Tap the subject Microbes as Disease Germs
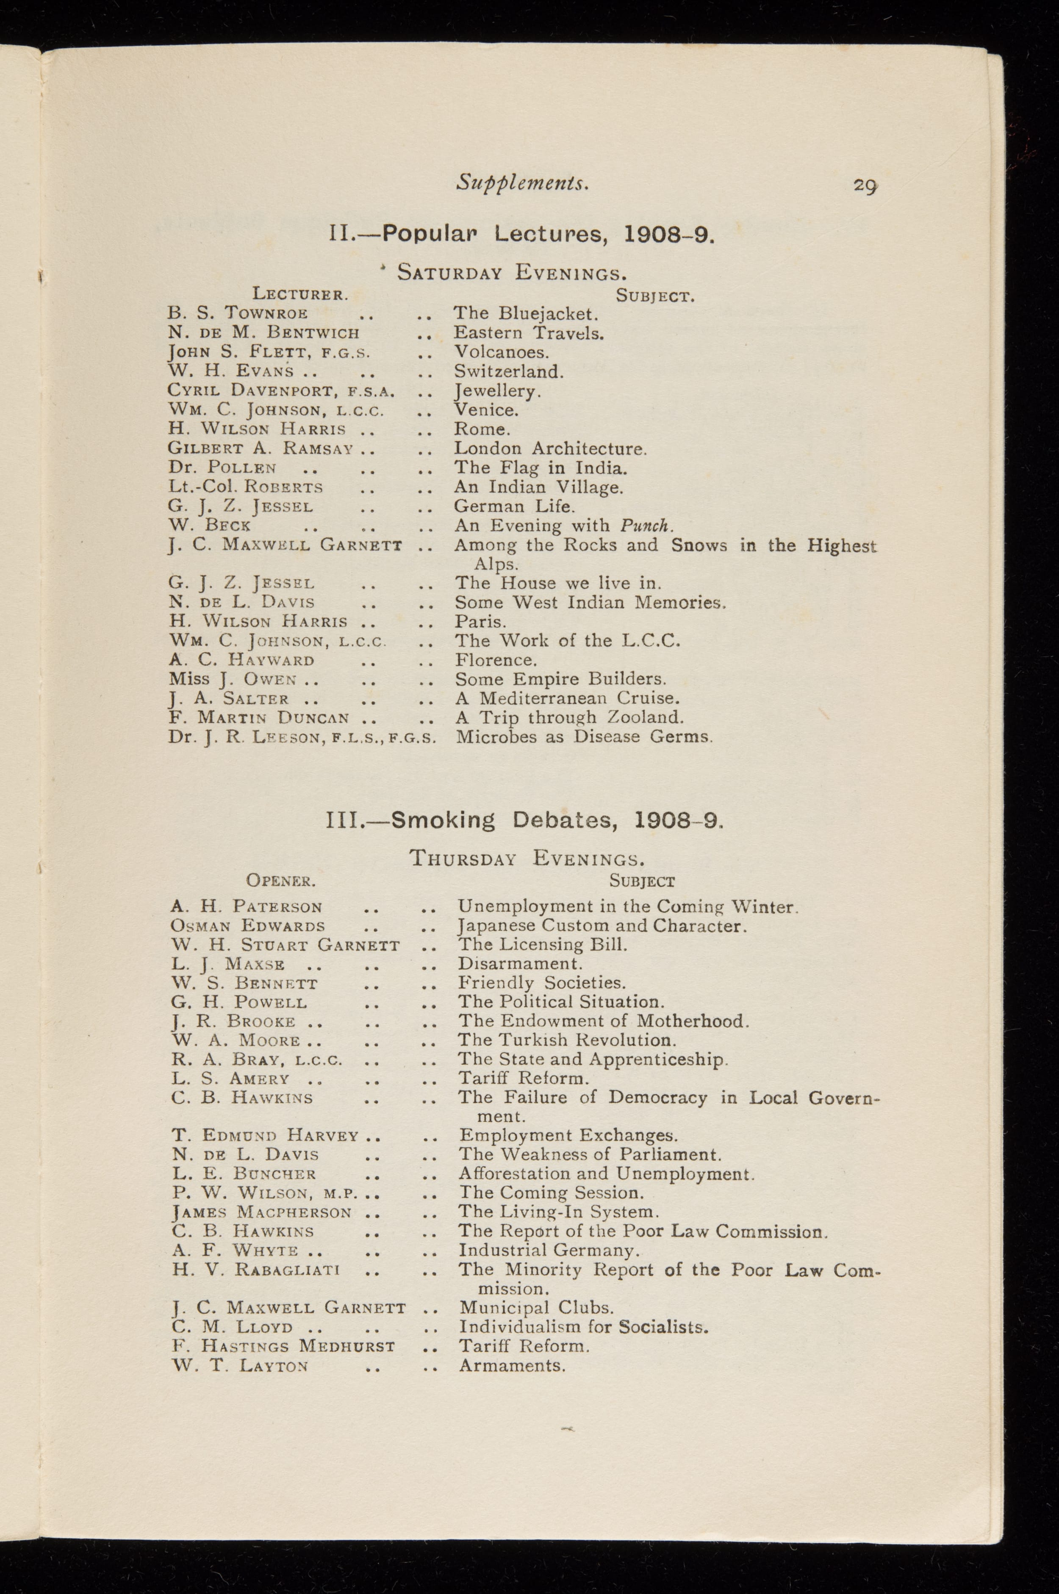coord(584,736)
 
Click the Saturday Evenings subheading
coord(512,273)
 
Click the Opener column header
coord(280,881)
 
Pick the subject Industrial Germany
coord(549,1251)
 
